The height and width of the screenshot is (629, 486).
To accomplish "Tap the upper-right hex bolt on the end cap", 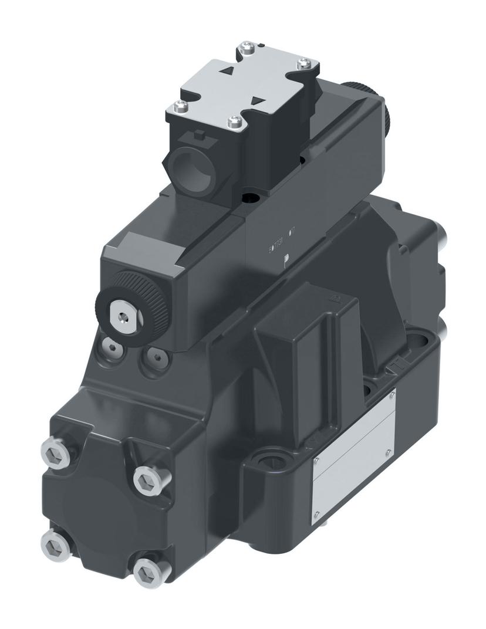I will [x=145, y=481].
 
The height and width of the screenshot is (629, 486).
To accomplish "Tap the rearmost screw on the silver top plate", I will [x=247, y=45].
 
